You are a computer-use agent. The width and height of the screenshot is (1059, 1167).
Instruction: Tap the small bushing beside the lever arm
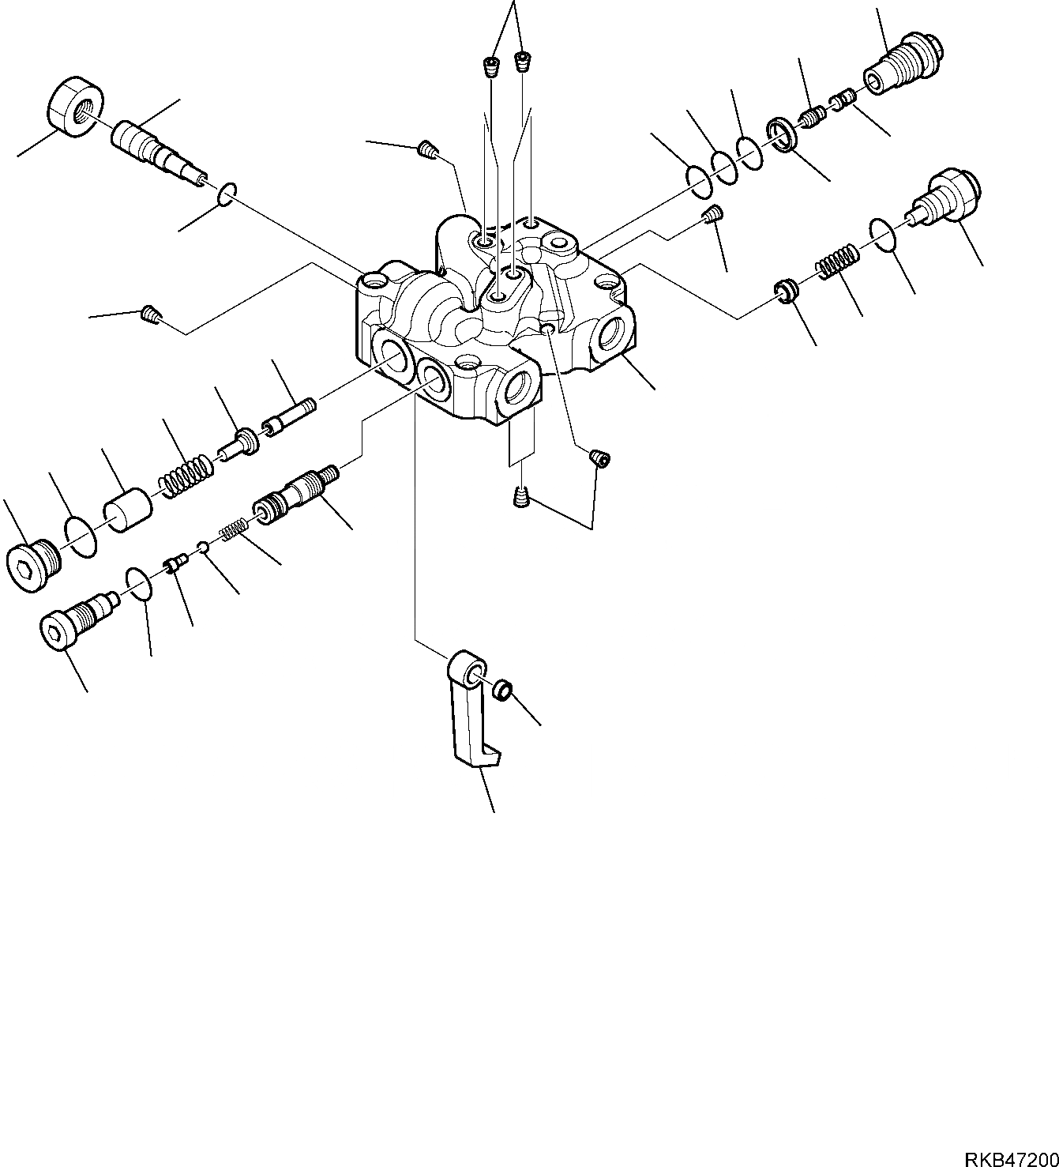(x=501, y=691)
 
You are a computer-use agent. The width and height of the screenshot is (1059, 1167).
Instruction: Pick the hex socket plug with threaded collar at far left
(x=33, y=564)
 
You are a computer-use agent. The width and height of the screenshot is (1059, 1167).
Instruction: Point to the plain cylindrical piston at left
(x=128, y=510)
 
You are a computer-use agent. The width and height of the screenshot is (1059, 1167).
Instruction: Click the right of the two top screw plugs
(x=523, y=62)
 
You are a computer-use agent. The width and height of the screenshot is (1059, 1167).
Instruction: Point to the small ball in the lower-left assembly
(x=203, y=545)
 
